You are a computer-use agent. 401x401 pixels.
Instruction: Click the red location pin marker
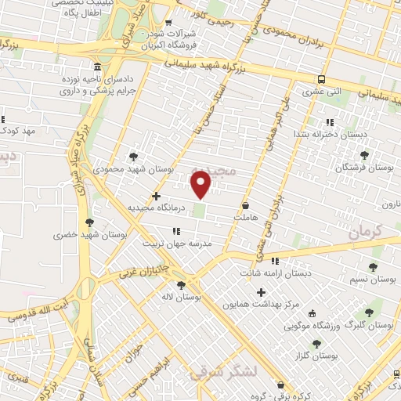(x=202, y=183)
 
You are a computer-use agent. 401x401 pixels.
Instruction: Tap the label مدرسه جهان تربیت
(x=177, y=244)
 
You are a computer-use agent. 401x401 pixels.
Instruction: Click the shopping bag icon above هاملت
(x=246, y=204)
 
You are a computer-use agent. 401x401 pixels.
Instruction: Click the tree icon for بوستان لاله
(x=182, y=285)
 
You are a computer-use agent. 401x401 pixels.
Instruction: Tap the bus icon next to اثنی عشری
(x=322, y=79)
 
